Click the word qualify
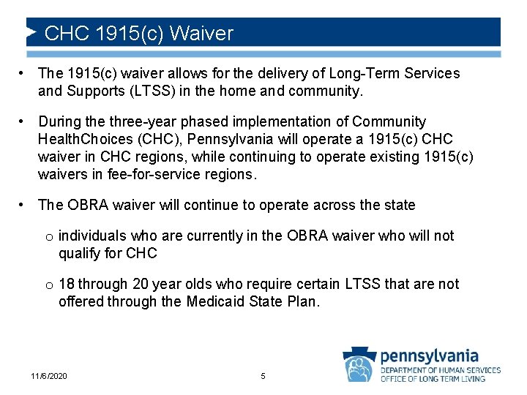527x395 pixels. (x=79, y=253)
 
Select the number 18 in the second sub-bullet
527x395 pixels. (x=67, y=284)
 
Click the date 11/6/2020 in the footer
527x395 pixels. (x=49, y=376)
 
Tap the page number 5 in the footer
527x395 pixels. (x=263, y=376)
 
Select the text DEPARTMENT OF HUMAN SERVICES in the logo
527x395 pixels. (x=441, y=370)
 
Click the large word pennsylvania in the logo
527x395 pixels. (x=430, y=356)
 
